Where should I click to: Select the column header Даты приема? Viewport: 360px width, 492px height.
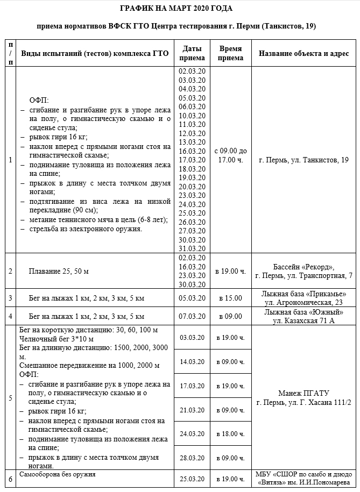pos(193,53)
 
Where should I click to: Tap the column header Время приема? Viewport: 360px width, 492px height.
pos(231,53)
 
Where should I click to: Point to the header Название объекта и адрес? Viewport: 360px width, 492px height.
pos(303,53)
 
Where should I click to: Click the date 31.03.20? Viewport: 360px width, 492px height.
pos(193,248)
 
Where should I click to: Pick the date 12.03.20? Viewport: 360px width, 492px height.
pos(193,133)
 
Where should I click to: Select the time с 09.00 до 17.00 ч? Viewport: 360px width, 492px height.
pos(231,155)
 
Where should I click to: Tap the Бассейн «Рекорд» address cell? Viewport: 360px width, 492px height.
pos(303,271)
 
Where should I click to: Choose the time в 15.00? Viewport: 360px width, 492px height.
pos(231,297)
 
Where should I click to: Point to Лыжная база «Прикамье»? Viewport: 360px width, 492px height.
pos(303,294)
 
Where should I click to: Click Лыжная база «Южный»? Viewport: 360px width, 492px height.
pos(303,312)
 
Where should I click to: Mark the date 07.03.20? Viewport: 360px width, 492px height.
pos(193,316)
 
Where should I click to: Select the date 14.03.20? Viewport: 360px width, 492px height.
pos(193,361)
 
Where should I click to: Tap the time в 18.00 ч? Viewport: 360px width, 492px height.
pos(231,433)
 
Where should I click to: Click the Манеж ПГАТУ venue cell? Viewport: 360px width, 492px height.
pos(303,397)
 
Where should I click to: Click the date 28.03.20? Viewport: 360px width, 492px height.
pos(193,458)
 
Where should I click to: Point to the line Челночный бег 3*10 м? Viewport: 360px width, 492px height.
pos(56,339)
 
